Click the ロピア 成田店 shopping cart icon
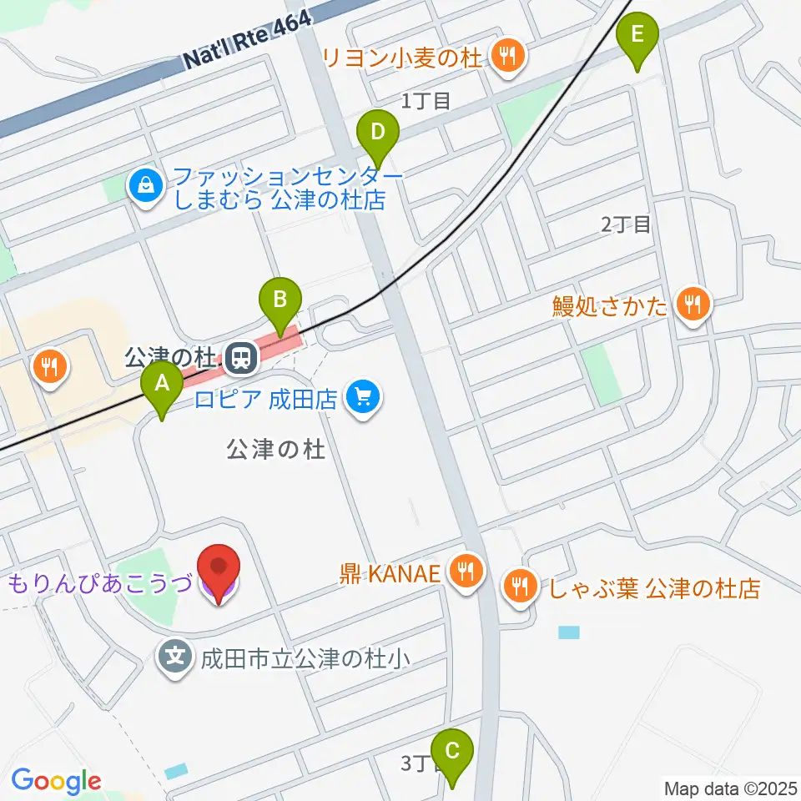(x=363, y=395)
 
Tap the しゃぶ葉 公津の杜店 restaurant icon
(x=519, y=587)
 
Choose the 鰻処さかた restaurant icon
(x=693, y=303)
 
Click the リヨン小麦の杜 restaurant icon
(x=506, y=57)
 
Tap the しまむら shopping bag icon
(x=146, y=185)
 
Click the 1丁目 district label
(x=426, y=102)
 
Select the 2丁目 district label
(x=625, y=224)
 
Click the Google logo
(x=56, y=781)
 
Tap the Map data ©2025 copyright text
(x=730, y=788)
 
